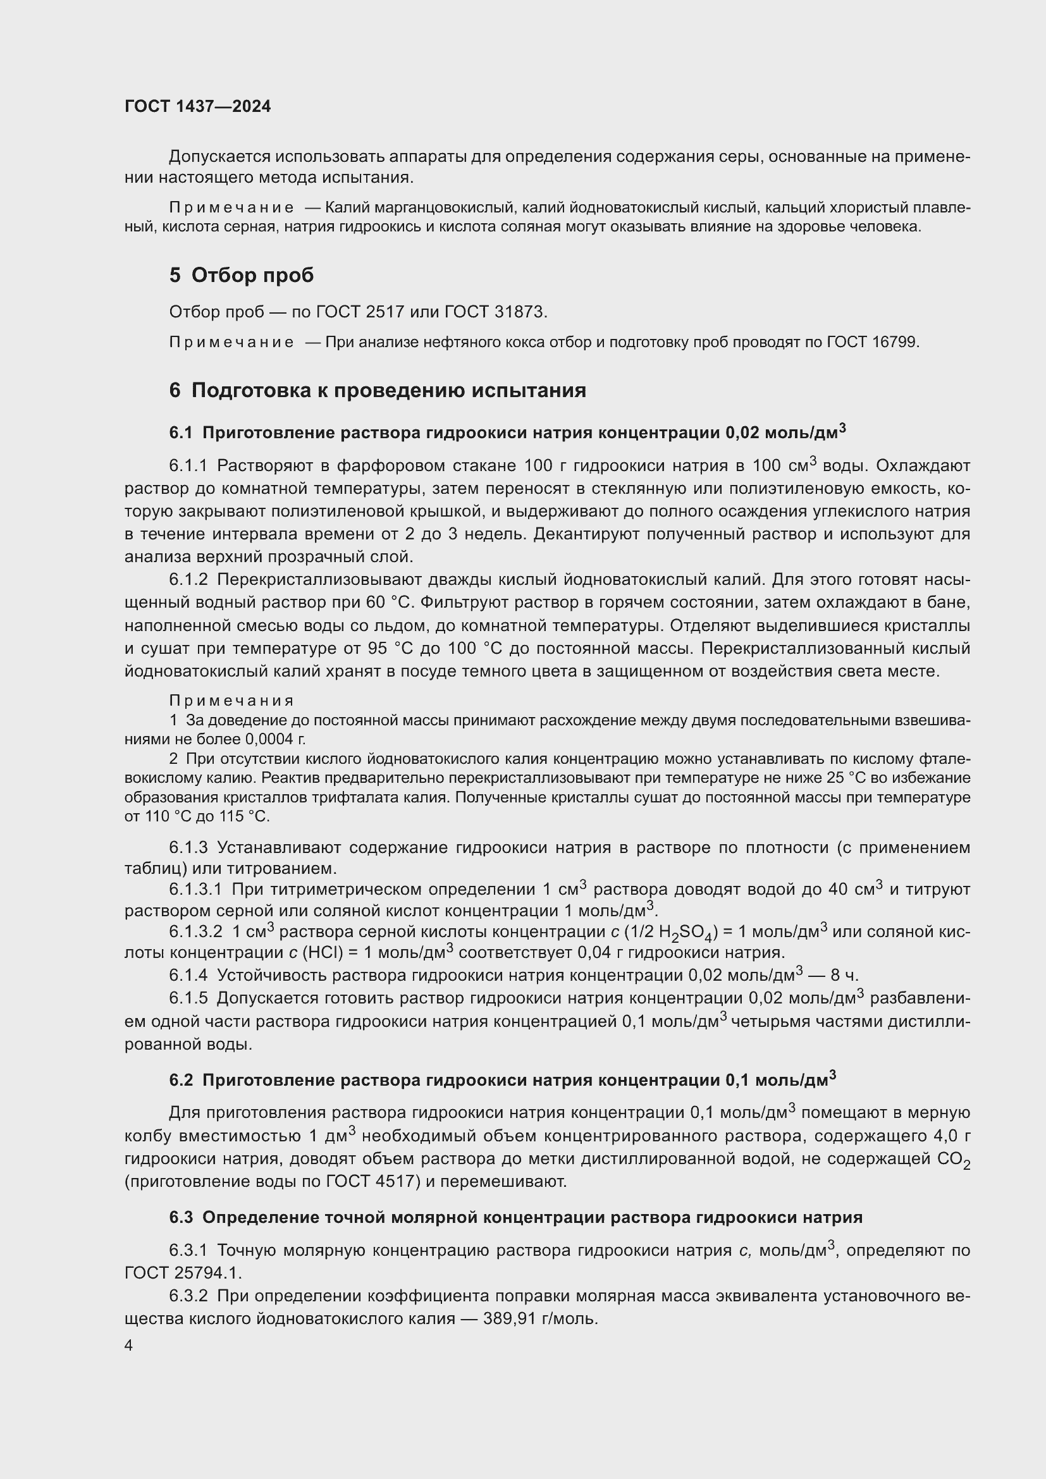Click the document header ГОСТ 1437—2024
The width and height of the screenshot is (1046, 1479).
tap(197, 106)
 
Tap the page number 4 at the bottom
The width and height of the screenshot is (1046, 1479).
tap(129, 1345)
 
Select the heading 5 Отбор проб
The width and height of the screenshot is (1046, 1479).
tap(242, 275)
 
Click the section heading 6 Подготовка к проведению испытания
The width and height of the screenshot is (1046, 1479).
tap(378, 390)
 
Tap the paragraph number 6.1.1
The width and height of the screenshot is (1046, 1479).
tap(188, 466)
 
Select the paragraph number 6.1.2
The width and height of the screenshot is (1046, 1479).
tap(188, 580)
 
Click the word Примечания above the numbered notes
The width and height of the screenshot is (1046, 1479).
tap(231, 700)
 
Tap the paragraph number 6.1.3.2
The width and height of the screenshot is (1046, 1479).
tap(195, 931)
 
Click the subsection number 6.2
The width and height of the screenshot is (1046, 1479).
tap(181, 1080)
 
